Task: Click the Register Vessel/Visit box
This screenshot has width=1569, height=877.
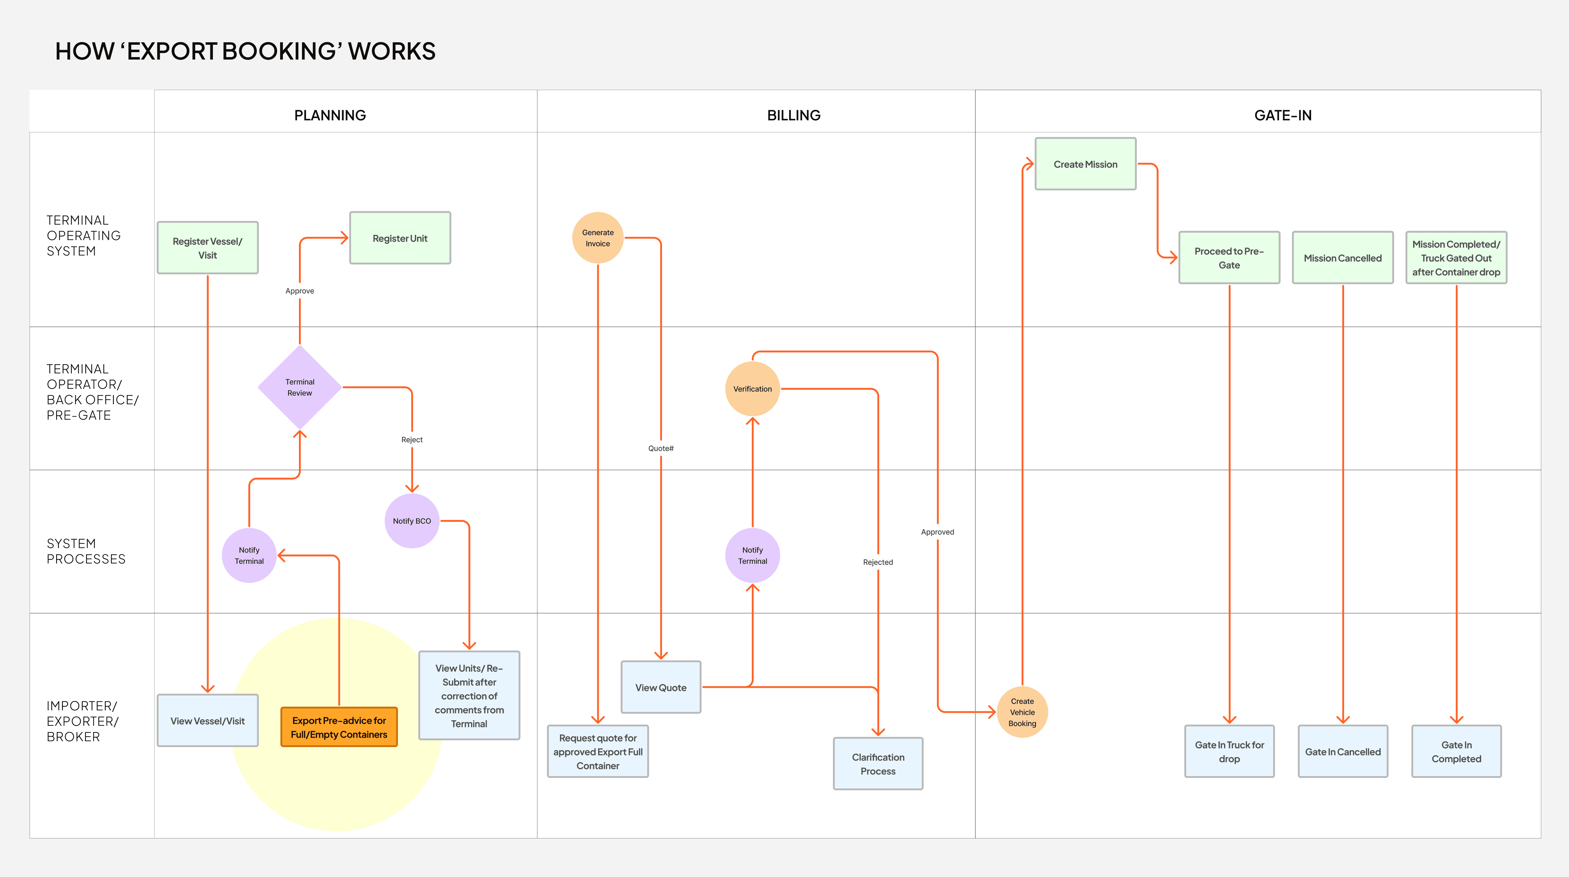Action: pyautogui.click(x=208, y=247)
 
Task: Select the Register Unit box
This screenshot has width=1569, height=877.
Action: pyautogui.click(x=400, y=238)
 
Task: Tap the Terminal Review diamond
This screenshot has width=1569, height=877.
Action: pyautogui.click(x=300, y=387)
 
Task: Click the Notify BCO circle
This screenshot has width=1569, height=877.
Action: pyautogui.click(x=412, y=521)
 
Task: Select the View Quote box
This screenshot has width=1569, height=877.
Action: pyautogui.click(x=661, y=687)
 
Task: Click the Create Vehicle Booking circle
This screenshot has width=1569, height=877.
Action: pyautogui.click(x=1022, y=712)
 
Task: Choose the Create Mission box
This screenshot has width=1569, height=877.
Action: pyautogui.click(x=1085, y=164)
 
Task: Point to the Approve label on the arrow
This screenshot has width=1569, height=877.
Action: pyautogui.click(x=300, y=291)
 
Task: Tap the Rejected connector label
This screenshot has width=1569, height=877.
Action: pyautogui.click(x=878, y=562)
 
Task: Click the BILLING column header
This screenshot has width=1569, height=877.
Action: pyautogui.click(x=794, y=115)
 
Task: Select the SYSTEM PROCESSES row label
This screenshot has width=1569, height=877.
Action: pyautogui.click(x=86, y=551)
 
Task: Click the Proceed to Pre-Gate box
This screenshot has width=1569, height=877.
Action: pyautogui.click(x=1229, y=257)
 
